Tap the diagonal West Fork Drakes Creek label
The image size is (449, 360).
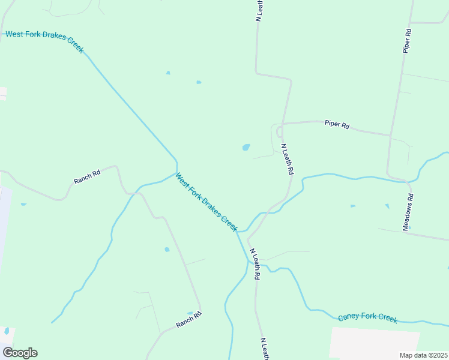point(206,202)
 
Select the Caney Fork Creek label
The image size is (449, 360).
point(367,317)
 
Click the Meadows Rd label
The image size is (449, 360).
point(408,212)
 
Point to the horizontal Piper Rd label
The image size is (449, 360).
point(337,125)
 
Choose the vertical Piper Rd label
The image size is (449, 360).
point(407,41)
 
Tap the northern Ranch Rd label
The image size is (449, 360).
point(87,176)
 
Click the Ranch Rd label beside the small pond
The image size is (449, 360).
point(188,319)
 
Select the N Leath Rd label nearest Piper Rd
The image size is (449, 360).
point(288,159)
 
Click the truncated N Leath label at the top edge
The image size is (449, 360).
point(260,11)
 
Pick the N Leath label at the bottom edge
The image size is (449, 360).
point(264,349)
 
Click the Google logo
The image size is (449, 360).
point(20,353)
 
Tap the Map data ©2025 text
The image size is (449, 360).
point(423,355)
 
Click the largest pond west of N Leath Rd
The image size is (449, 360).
point(246,147)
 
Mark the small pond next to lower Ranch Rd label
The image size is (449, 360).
point(190,313)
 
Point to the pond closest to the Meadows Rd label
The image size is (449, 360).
point(387,206)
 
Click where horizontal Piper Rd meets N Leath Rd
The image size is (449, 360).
point(283,124)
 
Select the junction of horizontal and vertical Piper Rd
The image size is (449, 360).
point(391,135)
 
